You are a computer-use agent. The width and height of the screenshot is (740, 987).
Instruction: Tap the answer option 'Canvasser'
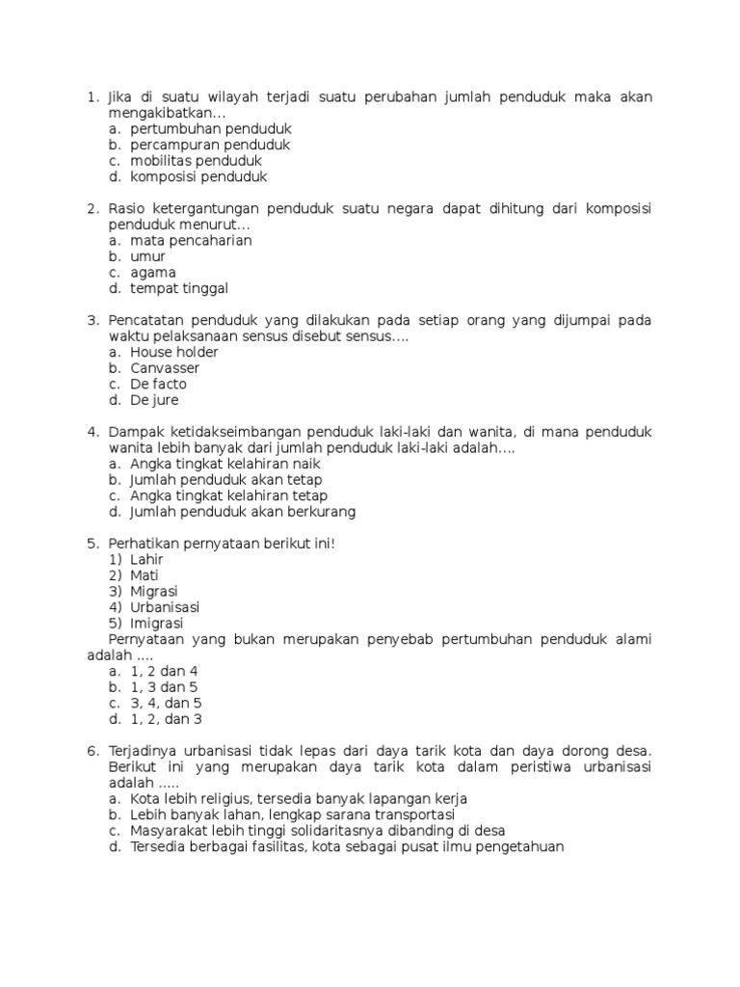[x=165, y=368]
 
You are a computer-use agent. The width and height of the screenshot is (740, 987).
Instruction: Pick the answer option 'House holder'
[x=174, y=352]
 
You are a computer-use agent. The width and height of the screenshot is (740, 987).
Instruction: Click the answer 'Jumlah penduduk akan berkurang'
[x=243, y=512]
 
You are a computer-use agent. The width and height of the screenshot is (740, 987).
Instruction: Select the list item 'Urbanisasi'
[x=165, y=607]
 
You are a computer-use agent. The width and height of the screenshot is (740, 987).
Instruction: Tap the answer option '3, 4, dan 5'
[x=166, y=703]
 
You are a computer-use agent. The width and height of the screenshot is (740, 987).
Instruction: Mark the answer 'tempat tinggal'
[x=179, y=288]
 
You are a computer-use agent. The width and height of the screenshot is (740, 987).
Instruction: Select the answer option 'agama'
[x=153, y=273]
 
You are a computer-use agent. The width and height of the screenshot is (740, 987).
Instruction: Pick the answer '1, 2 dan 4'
[x=164, y=671]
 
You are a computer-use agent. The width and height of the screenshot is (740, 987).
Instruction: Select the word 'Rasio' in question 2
[x=126, y=208]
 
